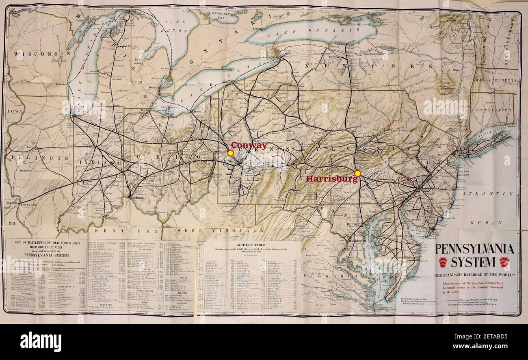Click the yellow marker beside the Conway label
(230, 153)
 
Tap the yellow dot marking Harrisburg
(357, 173)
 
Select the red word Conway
(249, 145)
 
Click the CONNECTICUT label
(493, 110)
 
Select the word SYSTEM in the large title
(473, 262)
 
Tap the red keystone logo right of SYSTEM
(504, 262)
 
